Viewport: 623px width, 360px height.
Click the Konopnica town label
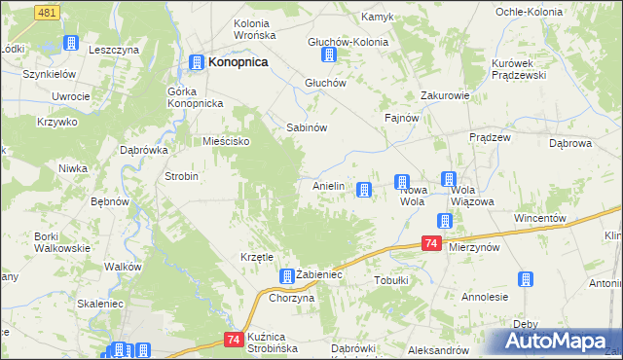[238, 61]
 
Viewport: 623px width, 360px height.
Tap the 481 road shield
[46, 11]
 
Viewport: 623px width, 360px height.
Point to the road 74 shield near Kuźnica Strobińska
[232, 340]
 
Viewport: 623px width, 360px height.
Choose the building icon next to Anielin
[364, 190]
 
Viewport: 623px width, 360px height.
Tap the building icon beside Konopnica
[196, 61]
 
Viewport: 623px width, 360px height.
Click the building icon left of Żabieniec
[286, 275]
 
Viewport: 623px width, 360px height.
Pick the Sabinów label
[305, 127]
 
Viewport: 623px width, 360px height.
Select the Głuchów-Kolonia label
[348, 43]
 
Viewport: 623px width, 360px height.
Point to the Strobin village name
[182, 176]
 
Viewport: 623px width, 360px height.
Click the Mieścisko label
[227, 141]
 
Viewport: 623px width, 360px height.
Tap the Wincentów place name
[540, 218]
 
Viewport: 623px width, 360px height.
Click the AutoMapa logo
[558, 342]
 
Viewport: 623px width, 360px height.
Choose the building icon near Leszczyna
[70, 43]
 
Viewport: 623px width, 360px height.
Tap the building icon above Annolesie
[526, 279]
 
